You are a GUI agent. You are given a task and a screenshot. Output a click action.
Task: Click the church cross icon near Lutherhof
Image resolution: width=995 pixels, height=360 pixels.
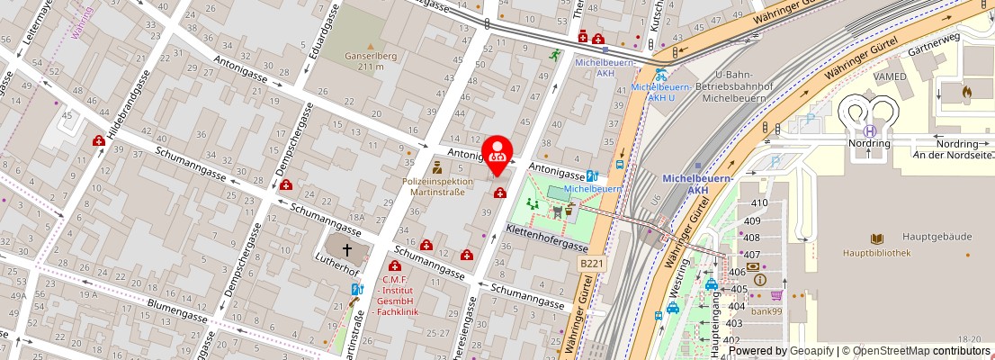click(347, 248)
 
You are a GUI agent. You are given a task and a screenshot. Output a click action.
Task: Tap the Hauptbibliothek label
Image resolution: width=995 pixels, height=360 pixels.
click(877, 253)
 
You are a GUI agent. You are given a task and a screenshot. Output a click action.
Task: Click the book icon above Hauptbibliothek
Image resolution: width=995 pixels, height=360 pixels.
click(877, 238)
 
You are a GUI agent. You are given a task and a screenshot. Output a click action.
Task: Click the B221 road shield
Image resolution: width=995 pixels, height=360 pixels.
click(590, 262)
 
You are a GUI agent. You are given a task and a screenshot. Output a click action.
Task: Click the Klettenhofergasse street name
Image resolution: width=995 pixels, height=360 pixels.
click(547, 239)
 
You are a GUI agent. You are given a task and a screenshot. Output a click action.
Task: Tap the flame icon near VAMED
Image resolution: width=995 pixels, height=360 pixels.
click(967, 91)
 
